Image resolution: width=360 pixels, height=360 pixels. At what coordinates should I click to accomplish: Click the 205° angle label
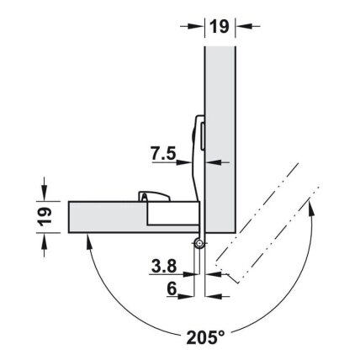click(205, 337)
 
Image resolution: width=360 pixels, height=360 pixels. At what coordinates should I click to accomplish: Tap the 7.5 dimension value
click(163, 154)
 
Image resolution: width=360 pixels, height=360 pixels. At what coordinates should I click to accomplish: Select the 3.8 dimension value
click(164, 266)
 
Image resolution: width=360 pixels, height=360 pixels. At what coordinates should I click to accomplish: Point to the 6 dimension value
click(172, 289)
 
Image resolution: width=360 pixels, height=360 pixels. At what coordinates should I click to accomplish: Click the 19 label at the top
click(220, 27)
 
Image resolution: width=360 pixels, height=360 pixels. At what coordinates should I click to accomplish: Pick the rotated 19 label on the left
click(45, 217)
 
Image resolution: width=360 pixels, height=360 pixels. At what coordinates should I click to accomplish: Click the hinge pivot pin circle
click(199, 243)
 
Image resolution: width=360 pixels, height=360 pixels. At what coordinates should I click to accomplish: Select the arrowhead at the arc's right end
click(310, 207)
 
